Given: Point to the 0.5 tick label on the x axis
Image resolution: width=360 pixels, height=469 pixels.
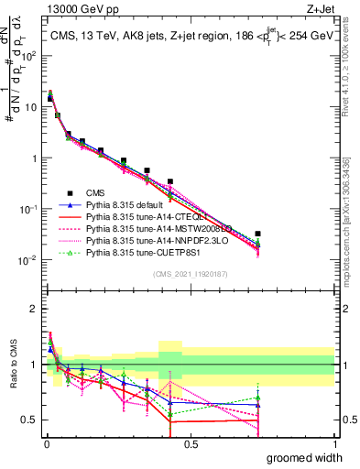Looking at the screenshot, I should tap(191, 444).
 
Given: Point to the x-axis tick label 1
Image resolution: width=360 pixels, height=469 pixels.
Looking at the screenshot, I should tap(334, 444).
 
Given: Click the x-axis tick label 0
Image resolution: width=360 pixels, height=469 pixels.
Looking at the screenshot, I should tap(47, 444).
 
